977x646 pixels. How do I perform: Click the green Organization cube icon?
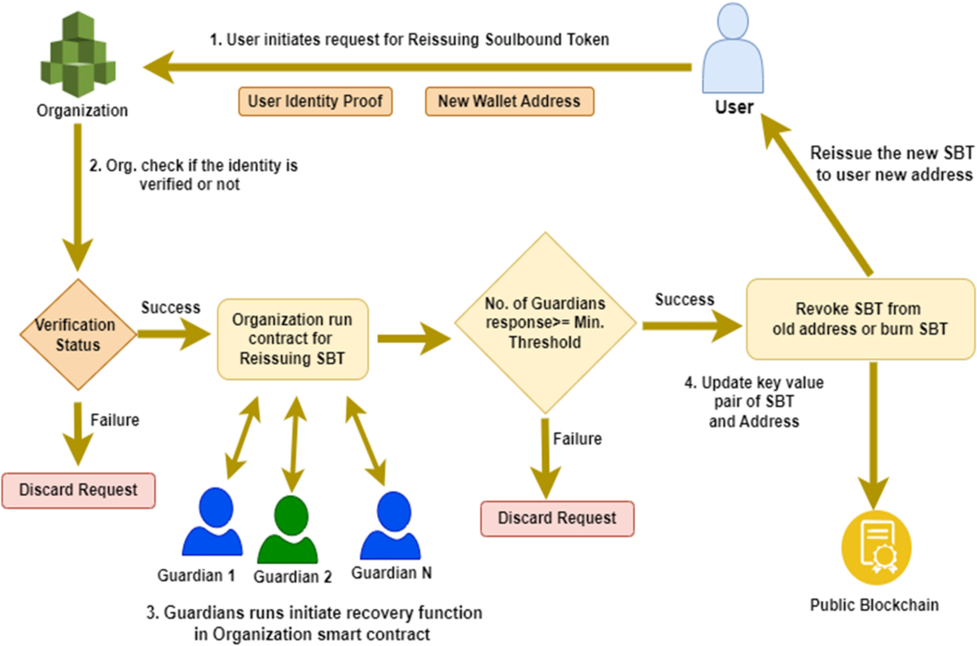coord(79,55)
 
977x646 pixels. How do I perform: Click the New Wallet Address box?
coord(509,102)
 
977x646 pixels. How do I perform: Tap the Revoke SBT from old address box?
coord(859,319)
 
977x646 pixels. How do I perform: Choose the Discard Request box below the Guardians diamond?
coord(557,518)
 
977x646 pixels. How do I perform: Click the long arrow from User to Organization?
coord(423,68)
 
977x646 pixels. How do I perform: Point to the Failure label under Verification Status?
coord(114,421)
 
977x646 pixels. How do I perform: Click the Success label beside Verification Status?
coord(170,308)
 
